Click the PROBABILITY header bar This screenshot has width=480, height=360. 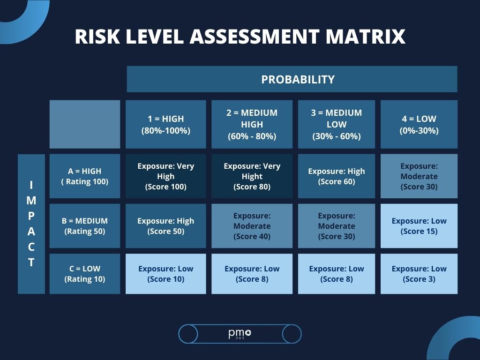click(x=292, y=79)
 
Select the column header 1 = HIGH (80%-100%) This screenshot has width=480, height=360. click(x=165, y=124)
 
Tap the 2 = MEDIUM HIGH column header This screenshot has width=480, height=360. click(x=252, y=124)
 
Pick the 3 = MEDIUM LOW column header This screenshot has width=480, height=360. click(x=336, y=124)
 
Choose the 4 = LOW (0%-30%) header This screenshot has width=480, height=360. click(x=419, y=124)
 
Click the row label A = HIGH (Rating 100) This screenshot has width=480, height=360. click(x=84, y=176)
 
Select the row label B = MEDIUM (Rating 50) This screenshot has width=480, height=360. click(x=84, y=226)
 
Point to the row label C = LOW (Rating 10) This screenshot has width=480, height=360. click(x=84, y=274)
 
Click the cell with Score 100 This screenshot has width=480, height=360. click(x=165, y=176)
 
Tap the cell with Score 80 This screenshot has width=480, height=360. click(x=252, y=176)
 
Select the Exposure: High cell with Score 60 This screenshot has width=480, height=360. click(x=336, y=176)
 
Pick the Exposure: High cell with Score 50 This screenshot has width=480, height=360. click(x=165, y=226)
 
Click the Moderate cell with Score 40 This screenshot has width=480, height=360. click(x=252, y=226)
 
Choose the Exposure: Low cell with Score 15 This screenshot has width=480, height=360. click(x=419, y=226)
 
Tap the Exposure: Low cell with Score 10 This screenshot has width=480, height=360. click(x=165, y=274)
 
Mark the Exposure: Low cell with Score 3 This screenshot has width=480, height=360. click(x=419, y=274)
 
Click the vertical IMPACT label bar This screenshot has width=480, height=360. click(x=31, y=224)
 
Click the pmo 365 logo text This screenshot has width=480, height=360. click(x=240, y=334)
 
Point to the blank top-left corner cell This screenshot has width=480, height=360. click(x=84, y=124)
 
